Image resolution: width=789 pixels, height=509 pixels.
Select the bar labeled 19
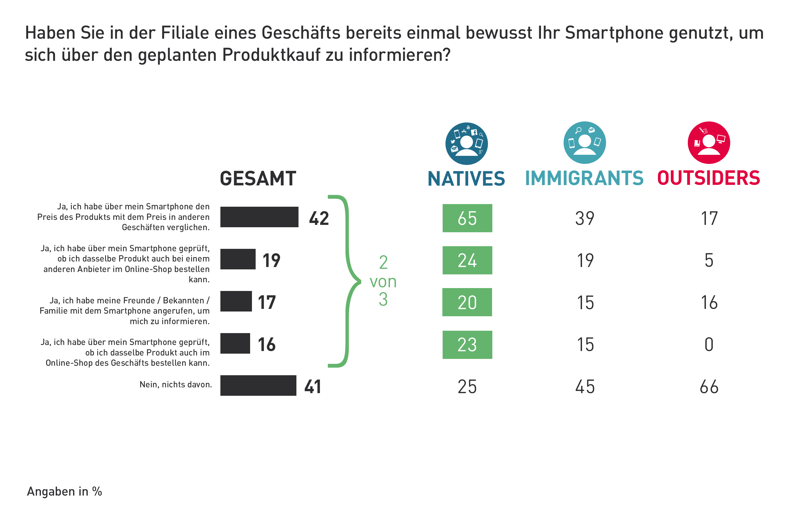click(238, 259)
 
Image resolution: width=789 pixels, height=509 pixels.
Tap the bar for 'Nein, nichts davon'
click(258, 386)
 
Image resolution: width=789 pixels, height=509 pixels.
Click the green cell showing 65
click(467, 218)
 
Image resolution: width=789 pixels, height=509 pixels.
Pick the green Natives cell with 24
click(467, 260)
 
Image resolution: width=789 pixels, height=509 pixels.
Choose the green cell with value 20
click(467, 302)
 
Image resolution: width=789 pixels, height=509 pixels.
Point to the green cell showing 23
click(467, 344)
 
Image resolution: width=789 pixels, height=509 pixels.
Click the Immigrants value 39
click(585, 218)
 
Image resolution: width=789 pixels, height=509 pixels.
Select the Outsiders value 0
click(709, 344)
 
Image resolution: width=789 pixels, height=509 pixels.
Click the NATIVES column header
click(466, 179)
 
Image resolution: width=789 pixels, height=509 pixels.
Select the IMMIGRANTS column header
click(584, 178)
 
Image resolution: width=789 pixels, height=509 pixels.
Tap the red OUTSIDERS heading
click(709, 178)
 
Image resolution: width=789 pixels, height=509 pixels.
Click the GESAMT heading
click(258, 179)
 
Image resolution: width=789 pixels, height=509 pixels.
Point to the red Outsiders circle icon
click(709, 142)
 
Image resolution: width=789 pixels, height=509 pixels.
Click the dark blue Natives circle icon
click(467, 144)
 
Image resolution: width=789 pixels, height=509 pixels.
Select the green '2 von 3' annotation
click(383, 281)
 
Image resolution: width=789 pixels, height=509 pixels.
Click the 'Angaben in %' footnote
click(64, 491)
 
